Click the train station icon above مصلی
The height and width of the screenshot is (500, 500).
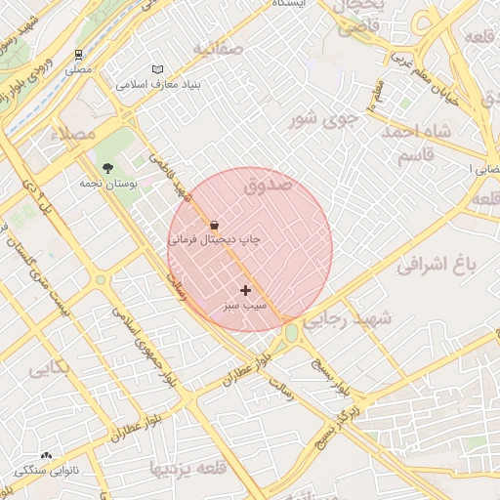coord(78,55)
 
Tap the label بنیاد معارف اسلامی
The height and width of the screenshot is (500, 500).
coord(158,85)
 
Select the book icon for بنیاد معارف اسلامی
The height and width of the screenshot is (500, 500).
coord(158,70)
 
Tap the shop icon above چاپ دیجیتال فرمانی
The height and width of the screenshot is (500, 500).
coord(214,224)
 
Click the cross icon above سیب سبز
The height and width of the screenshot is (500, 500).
coord(244,290)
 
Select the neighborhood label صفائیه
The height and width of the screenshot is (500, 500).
coord(217,48)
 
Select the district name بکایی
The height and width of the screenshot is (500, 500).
coord(49,370)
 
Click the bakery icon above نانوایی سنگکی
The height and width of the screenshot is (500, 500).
coord(46,456)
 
